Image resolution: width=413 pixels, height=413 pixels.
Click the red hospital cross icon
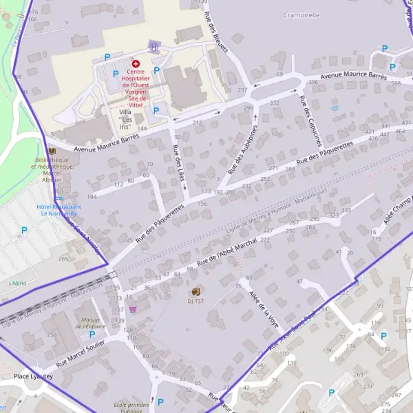pyautogui.click(x=135, y=63)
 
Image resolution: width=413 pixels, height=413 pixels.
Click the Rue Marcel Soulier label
pyautogui.click(x=81, y=351)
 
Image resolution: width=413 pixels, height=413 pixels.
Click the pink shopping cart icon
pyautogui.click(x=132, y=309)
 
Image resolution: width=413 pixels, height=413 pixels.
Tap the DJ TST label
pyautogui.click(x=195, y=301)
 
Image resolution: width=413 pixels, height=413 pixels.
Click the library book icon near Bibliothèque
pyautogui.click(x=52, y=151)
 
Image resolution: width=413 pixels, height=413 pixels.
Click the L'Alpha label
pyautogui.click(x=17, y=283)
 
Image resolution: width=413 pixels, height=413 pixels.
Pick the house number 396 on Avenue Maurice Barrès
pyautogui.click(x=313, y=82)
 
